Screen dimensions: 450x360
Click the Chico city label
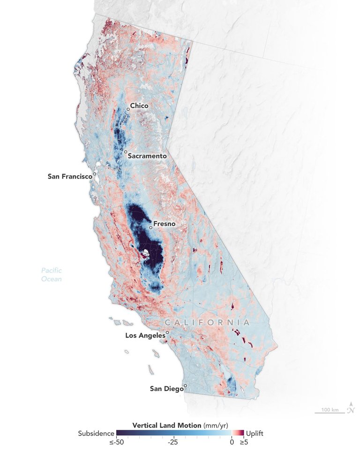139,106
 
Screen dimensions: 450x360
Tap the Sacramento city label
147,156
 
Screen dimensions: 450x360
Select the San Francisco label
69,177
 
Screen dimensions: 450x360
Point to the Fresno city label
165,224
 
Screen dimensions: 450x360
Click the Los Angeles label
145,336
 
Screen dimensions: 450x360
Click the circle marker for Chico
127,110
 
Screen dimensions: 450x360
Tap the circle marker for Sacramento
126,152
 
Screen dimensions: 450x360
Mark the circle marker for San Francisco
95,174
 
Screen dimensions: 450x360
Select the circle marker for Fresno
151,228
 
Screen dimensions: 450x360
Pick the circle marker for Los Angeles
167,332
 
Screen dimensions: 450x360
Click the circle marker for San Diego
185,386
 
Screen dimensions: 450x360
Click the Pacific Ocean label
51,275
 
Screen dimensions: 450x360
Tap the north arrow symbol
351,409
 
